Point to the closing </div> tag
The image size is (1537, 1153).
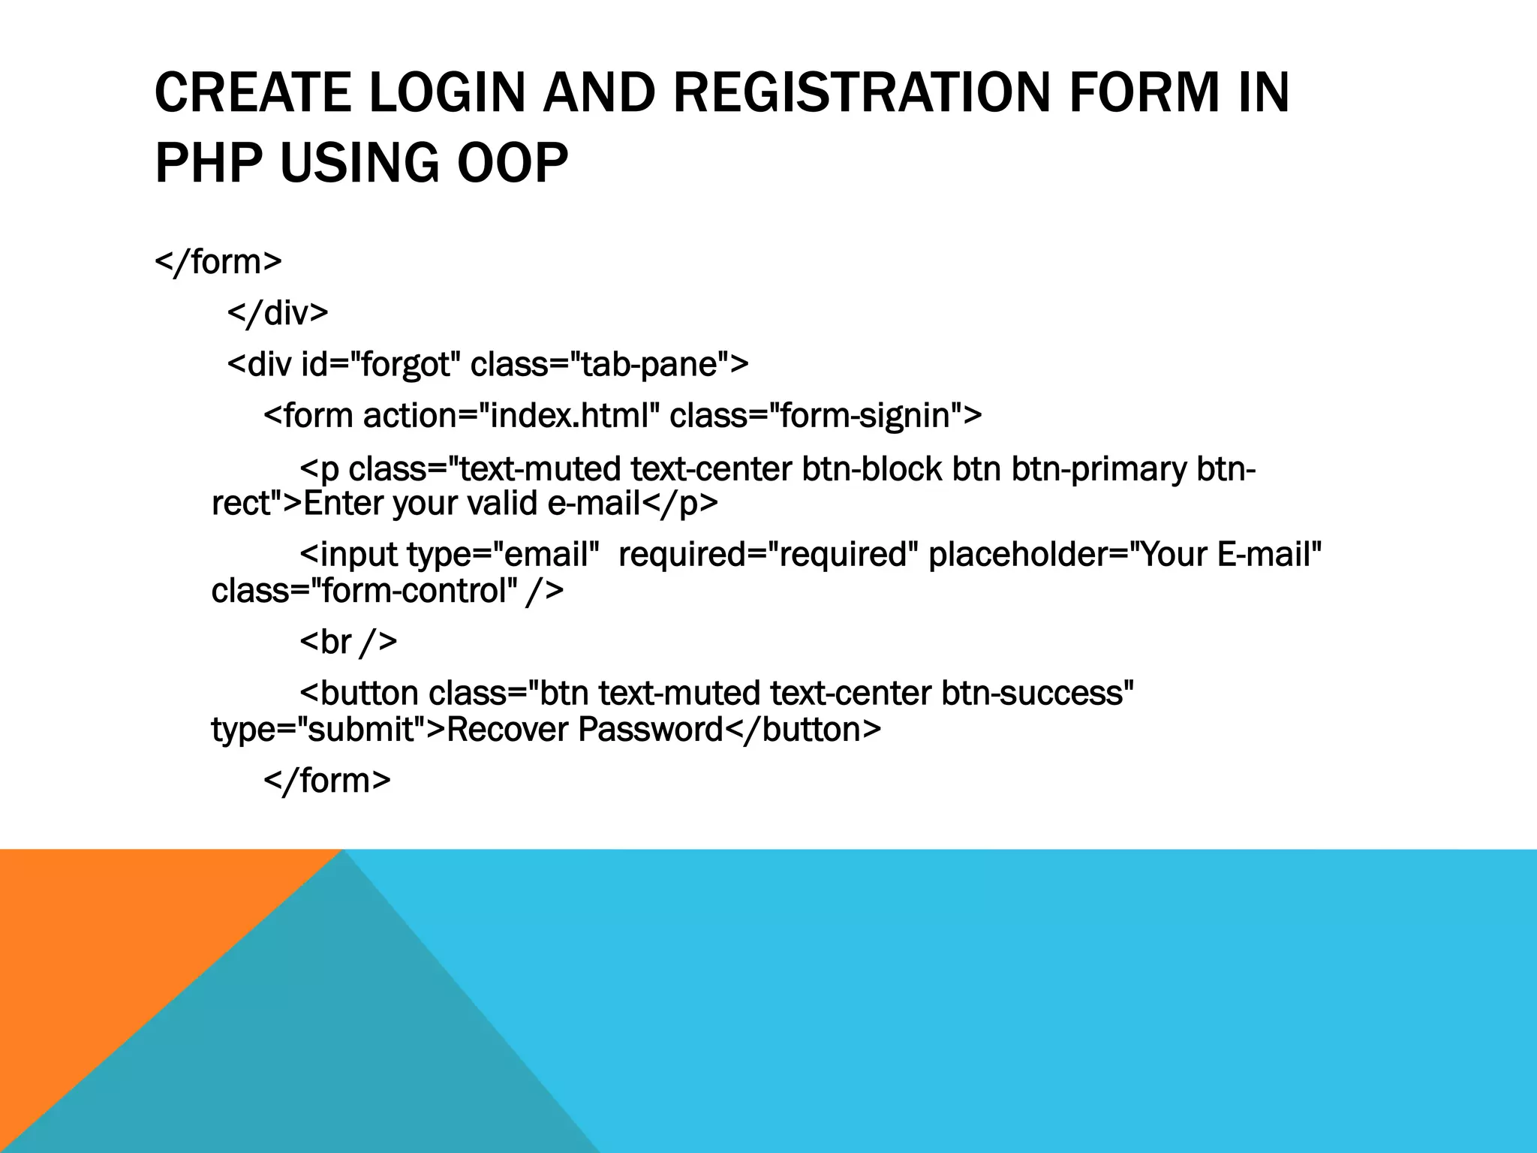tap(278, 313)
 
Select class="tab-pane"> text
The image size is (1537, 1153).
tap(609, 365)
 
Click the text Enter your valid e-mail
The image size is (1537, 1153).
tap(471, 504)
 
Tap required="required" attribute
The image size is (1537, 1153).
tap(768, 555)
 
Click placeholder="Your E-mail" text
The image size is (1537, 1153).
tap(1124, 555)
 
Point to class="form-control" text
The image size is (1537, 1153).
tap(364, 592)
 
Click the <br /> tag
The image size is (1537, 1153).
tap(348, 642)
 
